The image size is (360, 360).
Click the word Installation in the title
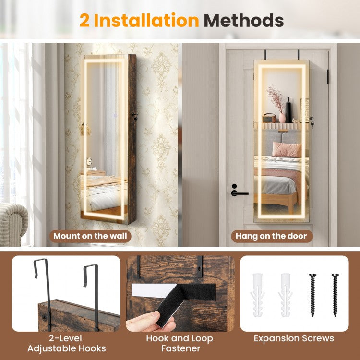(146, 21)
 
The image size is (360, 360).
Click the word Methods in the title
(243, 21)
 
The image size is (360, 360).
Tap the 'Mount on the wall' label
(90, 236)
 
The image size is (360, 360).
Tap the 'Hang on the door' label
(271, 236)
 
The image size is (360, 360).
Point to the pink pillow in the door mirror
(287, 149)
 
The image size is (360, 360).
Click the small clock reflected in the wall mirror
(89, 162)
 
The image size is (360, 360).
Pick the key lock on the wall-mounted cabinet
(135, 117)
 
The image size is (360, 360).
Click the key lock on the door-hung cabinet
(312, 122)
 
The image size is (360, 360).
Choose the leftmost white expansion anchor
(258, 295)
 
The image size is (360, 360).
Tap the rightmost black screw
(335, 295)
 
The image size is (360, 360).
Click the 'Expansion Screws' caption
(294, 338)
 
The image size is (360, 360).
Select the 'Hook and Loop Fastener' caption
(180, 344)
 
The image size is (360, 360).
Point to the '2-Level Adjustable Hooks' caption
(67, 344)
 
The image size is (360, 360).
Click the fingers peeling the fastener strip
(149, 322)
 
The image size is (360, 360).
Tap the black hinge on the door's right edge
(328, 76)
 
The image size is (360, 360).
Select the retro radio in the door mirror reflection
(269, 118)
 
